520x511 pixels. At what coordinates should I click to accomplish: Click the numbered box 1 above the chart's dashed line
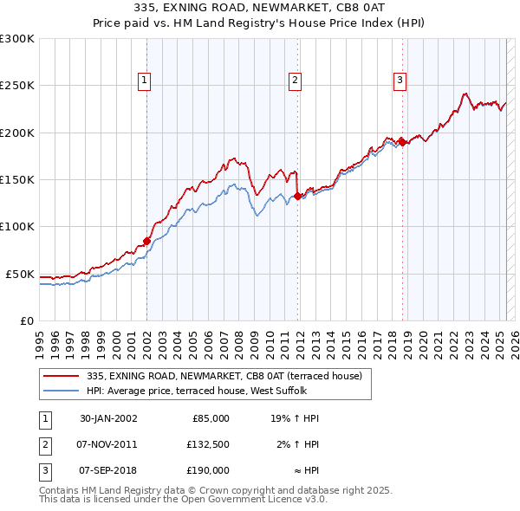click(x=145, y=81)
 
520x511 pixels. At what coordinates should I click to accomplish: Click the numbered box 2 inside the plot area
click(x=296, y=81)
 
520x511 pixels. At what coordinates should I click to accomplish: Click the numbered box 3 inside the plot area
click(x=400, y=81)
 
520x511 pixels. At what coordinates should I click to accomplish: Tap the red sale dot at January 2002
click(x=147, y=241)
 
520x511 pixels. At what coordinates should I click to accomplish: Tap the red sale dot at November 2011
click(x=297, y=196)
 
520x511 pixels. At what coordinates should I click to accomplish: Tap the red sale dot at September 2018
click(x=402, y=142)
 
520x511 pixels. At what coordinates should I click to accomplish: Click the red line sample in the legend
click(x=62, y=376)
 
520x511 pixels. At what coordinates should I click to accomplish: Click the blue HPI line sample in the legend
click(x=62, y=390)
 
